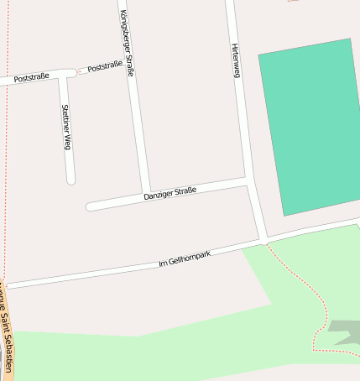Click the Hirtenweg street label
[x=236, y=60]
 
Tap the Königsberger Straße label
[x=127, y=43]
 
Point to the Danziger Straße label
[x=170, y=194]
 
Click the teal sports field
[x=309, y=126]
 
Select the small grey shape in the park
[x=344, y=331]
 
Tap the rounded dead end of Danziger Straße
[x=90, y=206]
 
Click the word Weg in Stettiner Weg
[x=67, y=142]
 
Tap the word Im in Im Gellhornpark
[x=162, y=265]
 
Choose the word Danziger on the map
[x=159, y=196]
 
